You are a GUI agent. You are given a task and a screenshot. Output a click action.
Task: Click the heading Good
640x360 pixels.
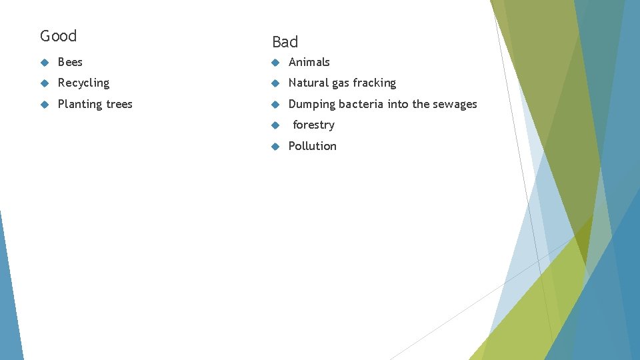tap(59, 36)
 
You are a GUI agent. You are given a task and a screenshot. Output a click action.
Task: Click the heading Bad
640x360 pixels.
tap(285, 42)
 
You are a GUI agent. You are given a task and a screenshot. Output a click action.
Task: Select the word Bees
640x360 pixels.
tap(70, 62)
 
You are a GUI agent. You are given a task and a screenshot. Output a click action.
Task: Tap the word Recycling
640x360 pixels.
tap(83, 83)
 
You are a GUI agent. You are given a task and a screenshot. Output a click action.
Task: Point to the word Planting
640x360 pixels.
tap(80, 105)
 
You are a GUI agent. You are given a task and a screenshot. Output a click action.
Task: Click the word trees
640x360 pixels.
tap(119, 104)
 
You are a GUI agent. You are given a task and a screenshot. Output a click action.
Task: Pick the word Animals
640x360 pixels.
tap(309, 62)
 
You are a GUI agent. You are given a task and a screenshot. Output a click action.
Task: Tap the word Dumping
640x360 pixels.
tap(311, 105)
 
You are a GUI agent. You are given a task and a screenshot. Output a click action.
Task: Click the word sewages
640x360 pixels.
tap(455, 105)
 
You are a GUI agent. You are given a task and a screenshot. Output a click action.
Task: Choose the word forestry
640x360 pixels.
tap(313, 125)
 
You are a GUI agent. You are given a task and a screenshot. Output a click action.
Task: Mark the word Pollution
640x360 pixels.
tap(312, 146)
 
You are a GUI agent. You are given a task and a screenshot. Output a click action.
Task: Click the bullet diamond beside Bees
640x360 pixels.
tap(44, 63)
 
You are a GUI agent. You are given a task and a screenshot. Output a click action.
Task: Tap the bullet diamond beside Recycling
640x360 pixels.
tap(44, 83)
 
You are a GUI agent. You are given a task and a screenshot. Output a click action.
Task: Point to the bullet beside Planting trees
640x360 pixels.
tap(44, 105)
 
